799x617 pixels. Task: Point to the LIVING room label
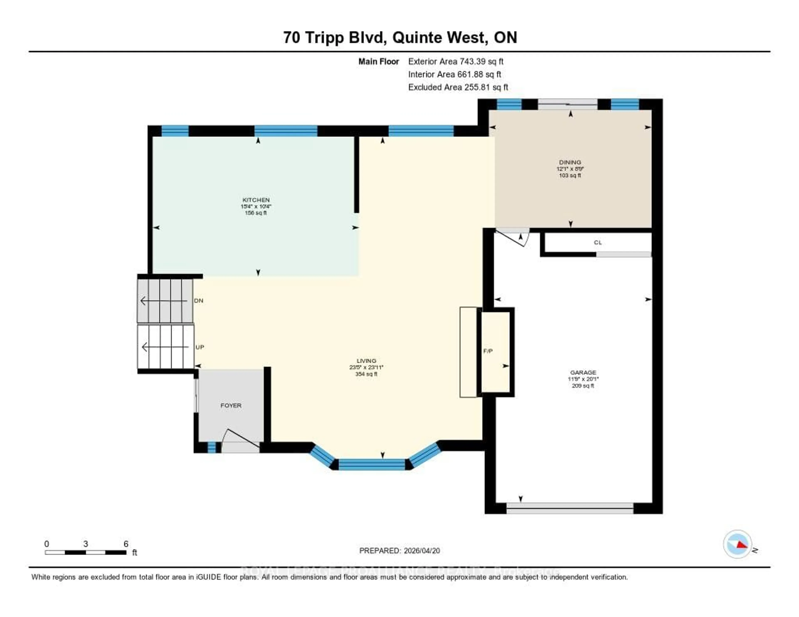coord(366,361)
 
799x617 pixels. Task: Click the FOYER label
coord(231,406)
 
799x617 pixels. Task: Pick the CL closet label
coord(597,243)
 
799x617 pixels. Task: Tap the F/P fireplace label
coord(488,351)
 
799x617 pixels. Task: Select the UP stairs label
coord(199,347)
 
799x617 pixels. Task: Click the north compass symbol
coord(738,544)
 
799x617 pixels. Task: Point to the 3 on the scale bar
coord(86,544)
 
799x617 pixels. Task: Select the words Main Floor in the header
coord(378,61)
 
